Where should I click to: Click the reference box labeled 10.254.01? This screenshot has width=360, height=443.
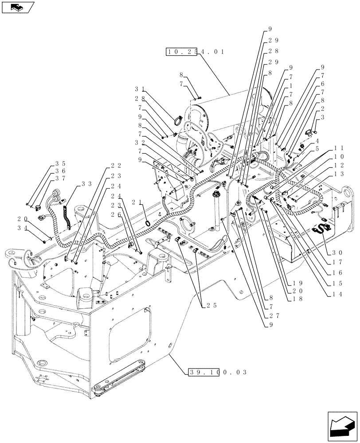[196, 52]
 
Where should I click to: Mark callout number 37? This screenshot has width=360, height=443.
[61, 179]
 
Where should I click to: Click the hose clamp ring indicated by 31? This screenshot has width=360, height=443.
[176, 119]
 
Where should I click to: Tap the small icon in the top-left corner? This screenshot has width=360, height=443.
[17, 7]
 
